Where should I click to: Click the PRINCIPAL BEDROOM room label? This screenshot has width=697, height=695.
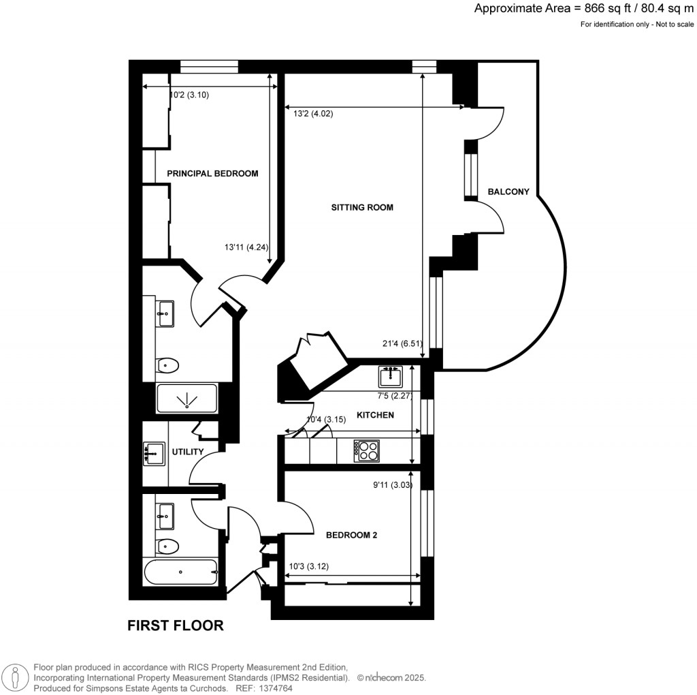click(212, 174)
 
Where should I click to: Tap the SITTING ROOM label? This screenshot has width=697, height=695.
click(361, 207)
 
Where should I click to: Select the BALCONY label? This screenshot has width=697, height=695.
click(508, 192)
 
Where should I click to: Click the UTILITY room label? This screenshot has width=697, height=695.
click(189, 452)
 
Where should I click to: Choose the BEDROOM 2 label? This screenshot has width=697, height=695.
click(351, 536)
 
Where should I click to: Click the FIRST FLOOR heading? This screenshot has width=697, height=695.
click(176, 625)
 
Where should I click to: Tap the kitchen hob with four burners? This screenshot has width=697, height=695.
click(367, 450)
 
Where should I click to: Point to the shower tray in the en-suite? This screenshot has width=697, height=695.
click(187, 399)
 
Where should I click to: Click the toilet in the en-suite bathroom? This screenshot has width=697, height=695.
click(166, 366)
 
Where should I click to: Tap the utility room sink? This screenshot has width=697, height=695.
click(155, 452)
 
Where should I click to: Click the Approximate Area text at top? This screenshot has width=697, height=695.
click(583, 9)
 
